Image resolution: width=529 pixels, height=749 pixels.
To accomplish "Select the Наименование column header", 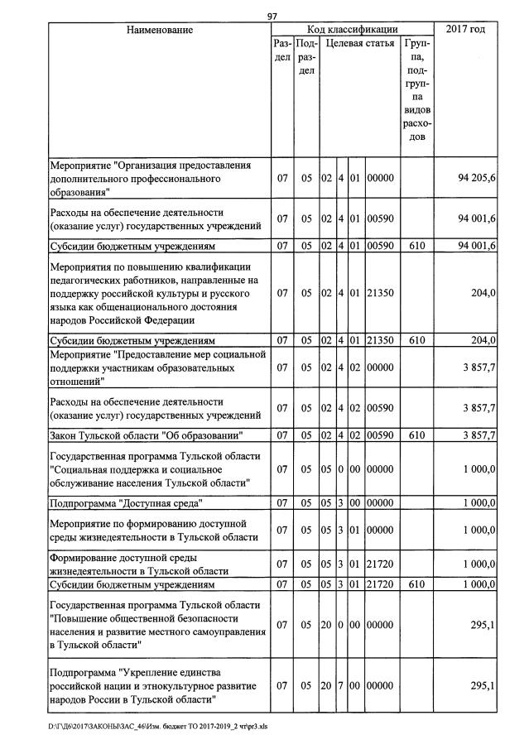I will tap(160, 30).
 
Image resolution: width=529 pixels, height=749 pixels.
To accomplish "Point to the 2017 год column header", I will tap(466, 30).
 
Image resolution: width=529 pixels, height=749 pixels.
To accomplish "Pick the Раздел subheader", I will tap(281, 50).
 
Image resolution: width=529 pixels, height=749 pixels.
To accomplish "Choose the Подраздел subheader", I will tap(305, 57).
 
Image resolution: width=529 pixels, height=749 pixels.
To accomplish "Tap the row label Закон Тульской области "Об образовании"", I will tap(145, 435).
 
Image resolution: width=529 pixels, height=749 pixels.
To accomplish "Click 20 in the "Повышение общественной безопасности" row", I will tap(326, 624).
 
